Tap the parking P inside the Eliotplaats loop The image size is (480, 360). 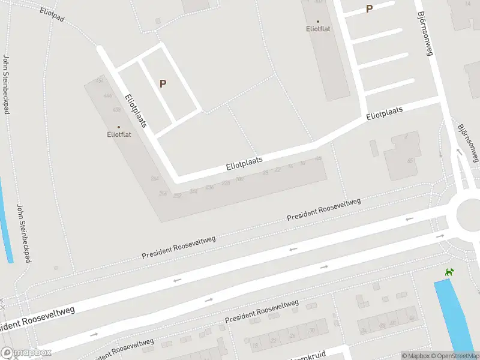click(163, 84)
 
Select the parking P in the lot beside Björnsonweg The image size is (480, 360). click(369, 8)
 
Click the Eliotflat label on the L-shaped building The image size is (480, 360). click(118, 134)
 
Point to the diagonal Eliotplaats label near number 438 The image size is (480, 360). click(137, 113)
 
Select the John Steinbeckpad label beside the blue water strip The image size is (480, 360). click(25, 231)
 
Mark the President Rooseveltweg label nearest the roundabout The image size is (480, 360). click(324, 209)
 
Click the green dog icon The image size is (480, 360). click(448, 272)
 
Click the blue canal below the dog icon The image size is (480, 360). click(454, 315)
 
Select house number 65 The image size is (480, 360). click(410, 161)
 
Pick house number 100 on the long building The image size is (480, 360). click(239, 179)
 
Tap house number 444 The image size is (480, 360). click(107, 96)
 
